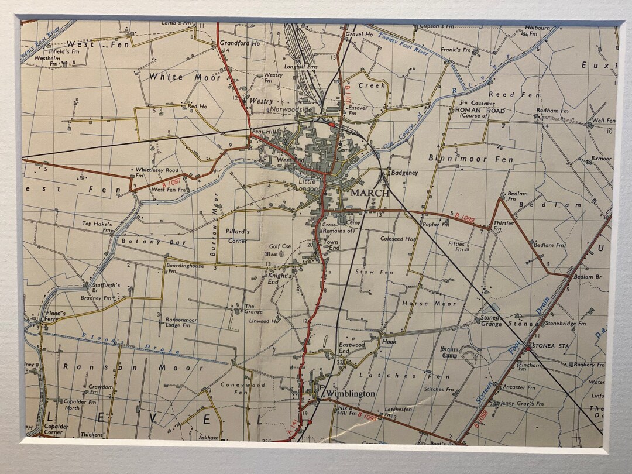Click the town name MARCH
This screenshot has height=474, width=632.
pos(369,193)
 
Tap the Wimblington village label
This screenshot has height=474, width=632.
pos(351,394)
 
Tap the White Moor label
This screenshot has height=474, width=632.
pos(184,77)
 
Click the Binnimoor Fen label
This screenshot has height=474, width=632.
pos(470,159)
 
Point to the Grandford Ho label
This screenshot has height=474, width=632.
pos(239,43)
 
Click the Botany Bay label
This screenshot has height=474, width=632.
pos(153,242)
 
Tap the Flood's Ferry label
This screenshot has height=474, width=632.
pos(56,317)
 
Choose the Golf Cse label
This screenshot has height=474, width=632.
pos(280,246)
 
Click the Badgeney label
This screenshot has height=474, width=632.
pos(404,173)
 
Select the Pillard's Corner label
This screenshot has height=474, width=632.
pos(237,235)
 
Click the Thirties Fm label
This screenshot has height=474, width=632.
pos(503,225)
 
